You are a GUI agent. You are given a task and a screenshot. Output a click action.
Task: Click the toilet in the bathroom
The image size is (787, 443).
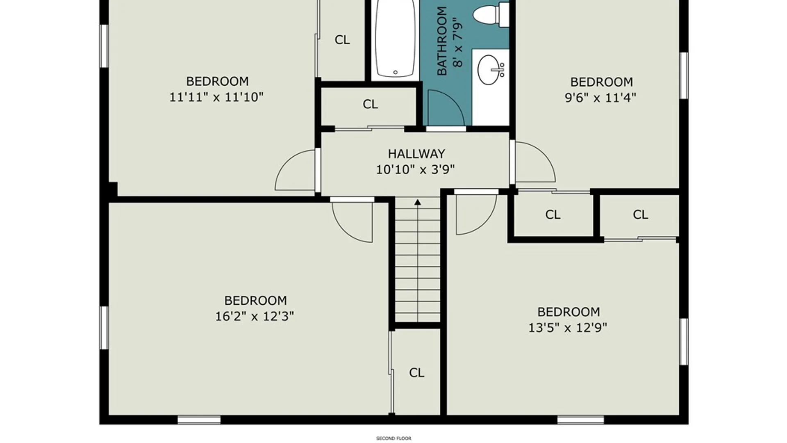tap(491, 15)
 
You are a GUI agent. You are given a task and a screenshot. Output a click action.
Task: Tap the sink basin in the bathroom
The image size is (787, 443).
tap(489, 70)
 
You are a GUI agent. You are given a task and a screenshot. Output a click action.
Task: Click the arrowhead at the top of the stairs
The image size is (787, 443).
tap(417, 202)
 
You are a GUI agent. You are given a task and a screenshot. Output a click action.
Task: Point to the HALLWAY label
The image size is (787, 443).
tap(416, 154)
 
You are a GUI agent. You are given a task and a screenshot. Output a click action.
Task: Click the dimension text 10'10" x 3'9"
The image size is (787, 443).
tap(416, 169)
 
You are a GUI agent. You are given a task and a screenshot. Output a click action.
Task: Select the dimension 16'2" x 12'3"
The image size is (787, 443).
tap(255, 316)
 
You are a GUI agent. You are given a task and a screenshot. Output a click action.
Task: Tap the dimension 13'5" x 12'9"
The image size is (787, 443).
tap(568, 328)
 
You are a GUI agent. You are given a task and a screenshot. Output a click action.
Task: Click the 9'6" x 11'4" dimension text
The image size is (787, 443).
tap(600, 98)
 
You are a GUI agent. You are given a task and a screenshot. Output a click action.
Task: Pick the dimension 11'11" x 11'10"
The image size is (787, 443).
tap(216, 97)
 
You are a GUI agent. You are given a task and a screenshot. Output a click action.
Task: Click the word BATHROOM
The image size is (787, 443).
tap(442, 41)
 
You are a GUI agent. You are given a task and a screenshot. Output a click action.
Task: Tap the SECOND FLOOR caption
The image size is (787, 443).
tap(393, 438)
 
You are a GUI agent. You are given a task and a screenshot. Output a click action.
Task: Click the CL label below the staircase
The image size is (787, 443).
tap(416, 372)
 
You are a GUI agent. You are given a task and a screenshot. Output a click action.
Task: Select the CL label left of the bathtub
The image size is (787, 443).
tap(342, 40)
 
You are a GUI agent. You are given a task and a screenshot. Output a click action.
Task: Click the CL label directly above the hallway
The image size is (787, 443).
tap(370, 104)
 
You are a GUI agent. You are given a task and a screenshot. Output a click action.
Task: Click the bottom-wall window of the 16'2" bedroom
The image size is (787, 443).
tap(199, 420)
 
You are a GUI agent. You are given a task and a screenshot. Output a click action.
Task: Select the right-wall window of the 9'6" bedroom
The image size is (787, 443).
tap(684, 75)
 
